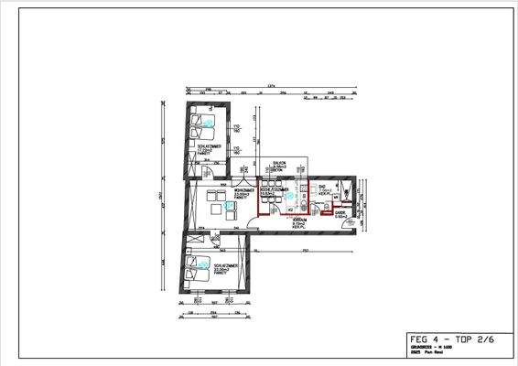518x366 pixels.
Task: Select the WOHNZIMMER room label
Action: pyautogui.click(x=218, y=190)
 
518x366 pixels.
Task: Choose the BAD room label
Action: pyautogui.click(x=323, y=186)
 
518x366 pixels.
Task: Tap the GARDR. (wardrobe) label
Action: pyautogui.click(x=340, y=213)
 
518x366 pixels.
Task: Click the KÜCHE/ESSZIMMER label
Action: pyautogui.click(x=275, y=190)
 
